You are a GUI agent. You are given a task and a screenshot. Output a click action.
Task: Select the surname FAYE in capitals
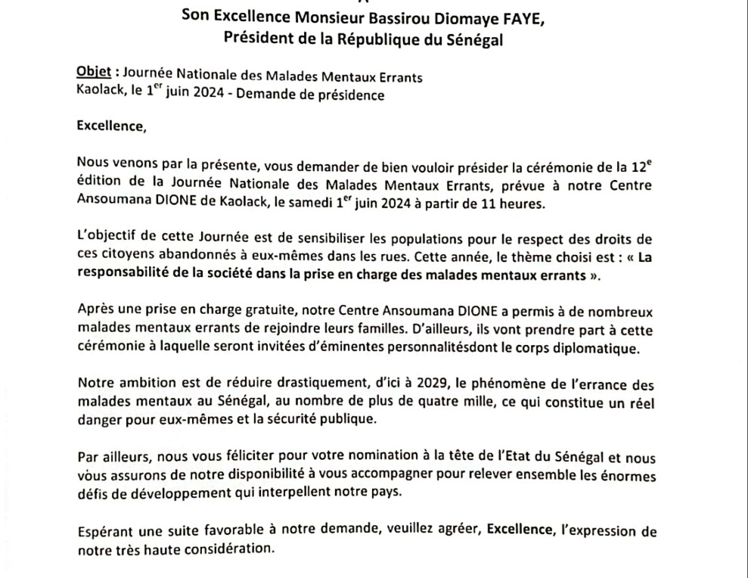[x=522, y=19]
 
